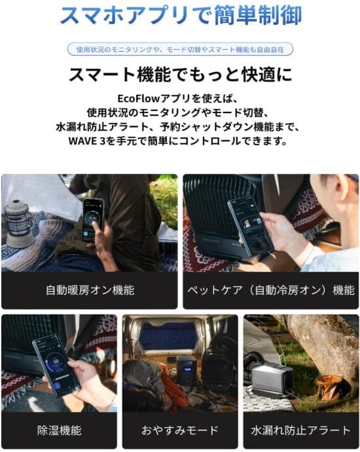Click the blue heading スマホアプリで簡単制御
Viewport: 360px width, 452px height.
179,15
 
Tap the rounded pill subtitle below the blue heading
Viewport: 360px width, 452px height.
179,50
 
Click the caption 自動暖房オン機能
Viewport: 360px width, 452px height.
89,289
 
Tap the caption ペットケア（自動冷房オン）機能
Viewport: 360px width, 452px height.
270,289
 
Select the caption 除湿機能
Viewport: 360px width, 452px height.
59,430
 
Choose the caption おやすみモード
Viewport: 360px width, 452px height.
180,430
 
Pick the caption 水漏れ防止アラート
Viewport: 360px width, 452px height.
300,430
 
